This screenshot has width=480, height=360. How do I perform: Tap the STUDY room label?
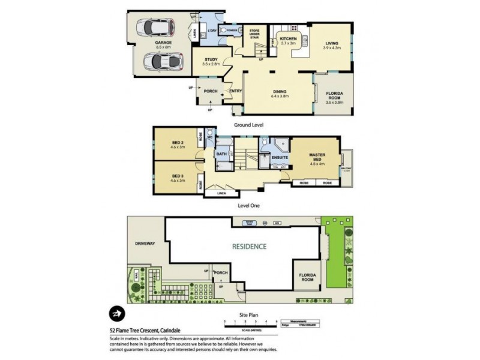[x=210, y=60]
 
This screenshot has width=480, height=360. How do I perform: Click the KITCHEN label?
[x=288, y=40]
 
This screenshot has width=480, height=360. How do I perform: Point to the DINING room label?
[x=280, y=91]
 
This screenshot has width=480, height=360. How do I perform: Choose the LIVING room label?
[x=332, y=43]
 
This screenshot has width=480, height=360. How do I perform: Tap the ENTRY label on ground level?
[x=235, y=91]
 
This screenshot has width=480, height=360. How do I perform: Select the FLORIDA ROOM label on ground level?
[x=334, y=94]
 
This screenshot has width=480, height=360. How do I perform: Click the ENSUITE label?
[x=280, y=158]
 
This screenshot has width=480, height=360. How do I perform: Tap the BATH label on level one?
[x=221, y=154]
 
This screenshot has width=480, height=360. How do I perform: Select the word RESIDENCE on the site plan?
[x=251, y=247]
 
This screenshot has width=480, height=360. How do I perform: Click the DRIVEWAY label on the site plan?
[x=146, y=244]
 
